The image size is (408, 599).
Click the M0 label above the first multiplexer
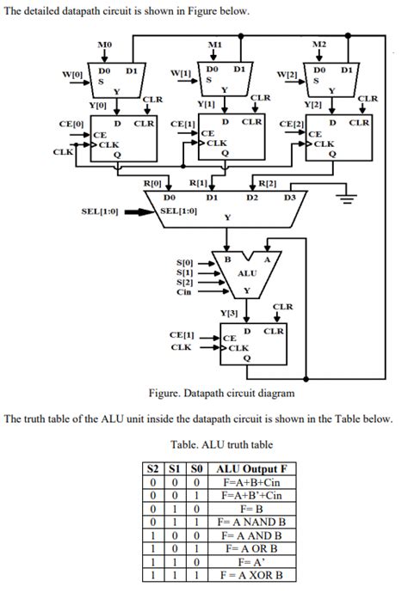tap(104, 43)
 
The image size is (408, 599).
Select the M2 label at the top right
tap(319, 43)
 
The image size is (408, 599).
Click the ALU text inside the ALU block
tap(246, 273)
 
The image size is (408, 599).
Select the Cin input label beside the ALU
tap(184, 291)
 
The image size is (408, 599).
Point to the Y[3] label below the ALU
tap(230, 313)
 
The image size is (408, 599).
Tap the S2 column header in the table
tap(153, 468)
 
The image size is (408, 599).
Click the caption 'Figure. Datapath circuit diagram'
tap(221, 393)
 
